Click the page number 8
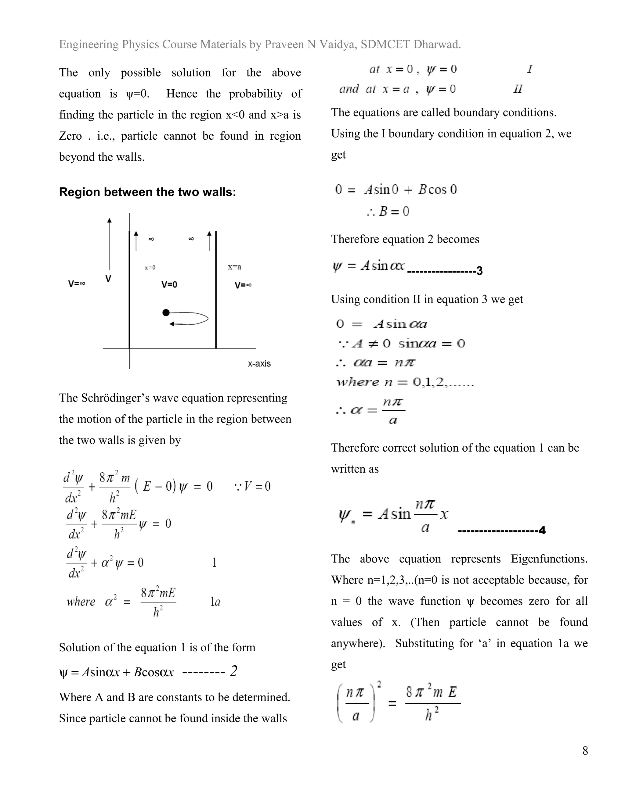[585, 750]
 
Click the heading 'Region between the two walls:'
[147, 192]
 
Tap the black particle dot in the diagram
[166, 313]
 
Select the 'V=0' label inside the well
[169, 284]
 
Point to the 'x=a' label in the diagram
[234, 267]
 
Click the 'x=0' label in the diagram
[150, 267]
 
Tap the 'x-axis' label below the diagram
[259, 363]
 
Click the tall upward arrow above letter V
[109, 244]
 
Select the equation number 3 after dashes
[479, 271]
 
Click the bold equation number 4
[542, 531]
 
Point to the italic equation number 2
[233, 671]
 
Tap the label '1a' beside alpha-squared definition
[215, 602]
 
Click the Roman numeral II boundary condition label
[518, 89]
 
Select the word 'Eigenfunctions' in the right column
[549, 559]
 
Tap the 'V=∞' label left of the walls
[77, 284]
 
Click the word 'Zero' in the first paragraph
[70, 136]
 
